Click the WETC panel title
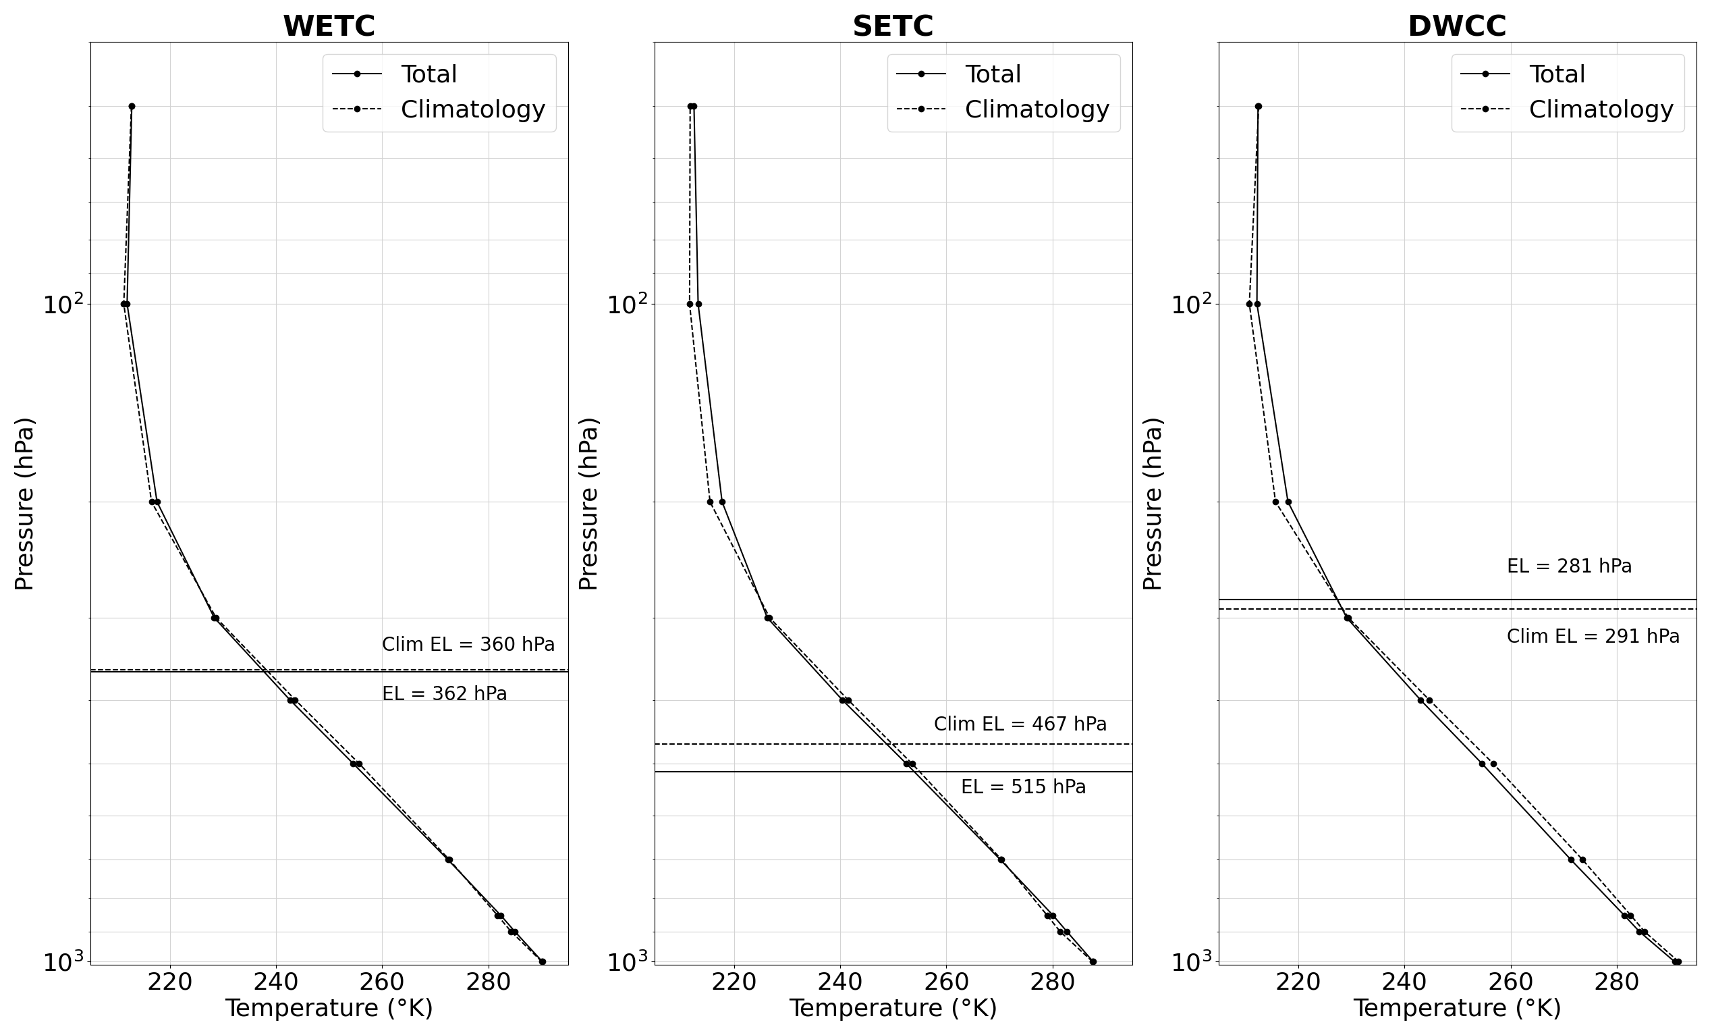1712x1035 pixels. pos(329,26)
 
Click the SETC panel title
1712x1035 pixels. pos(893,26)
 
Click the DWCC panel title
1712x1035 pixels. pos(1457,26)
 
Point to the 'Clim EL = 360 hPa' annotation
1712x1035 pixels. pos(468,644)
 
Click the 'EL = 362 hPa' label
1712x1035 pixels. pos(445,693)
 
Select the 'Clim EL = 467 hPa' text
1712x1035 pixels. pos(1020,724)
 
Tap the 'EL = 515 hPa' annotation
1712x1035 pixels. pos(1024,787)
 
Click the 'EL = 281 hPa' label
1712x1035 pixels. pos(1570,566)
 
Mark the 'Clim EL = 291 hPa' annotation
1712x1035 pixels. pos(1593,636)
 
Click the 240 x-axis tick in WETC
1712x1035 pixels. pos(277,982)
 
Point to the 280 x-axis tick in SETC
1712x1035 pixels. pos(1053,982)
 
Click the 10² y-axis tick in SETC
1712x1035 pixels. pos(628,304)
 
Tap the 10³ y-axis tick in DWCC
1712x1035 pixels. pos(1192,963)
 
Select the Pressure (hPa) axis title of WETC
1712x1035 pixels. pos(24,503)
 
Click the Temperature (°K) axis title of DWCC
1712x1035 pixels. pos(1457,1008)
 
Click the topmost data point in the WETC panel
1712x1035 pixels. pos(132,107)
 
